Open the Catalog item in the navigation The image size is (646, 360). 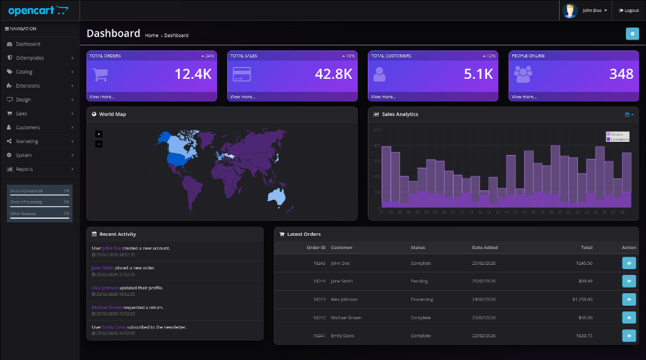(x=24, y=72)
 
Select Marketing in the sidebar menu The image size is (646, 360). (x=26, y=141)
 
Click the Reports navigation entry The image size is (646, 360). (x=24, y=169)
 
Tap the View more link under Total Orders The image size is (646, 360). (x=102, y=96)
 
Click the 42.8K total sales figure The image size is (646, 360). (x=333, y=74)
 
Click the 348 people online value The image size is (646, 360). (x=621, y=74)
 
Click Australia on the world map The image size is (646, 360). (x=278, y=196)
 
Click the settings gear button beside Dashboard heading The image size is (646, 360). (x=632, y=33)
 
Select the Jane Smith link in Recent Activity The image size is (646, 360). (x=102, y=268)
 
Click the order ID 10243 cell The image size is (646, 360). (x=319, y=299)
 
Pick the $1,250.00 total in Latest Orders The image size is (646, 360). (x=582, y=299)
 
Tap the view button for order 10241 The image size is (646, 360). (x=629, y=336)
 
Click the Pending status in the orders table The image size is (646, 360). (x=420, y=281)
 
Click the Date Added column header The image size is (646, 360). (x=484, y=248)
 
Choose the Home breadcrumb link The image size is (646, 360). (x=151, y=35)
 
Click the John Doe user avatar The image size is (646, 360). (x=570, y=11)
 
